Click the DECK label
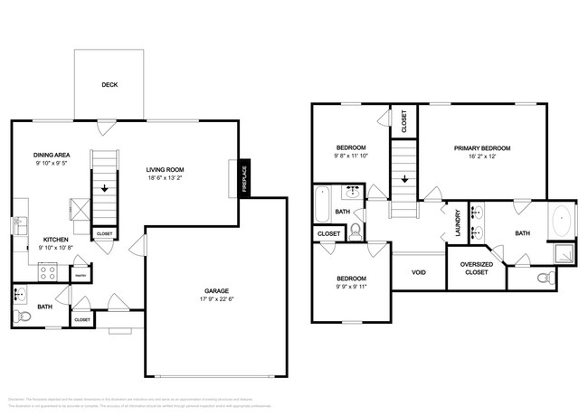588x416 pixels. (x=109, y=85)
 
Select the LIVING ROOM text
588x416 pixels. (x=166, y=168)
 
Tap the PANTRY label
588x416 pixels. (x=80, y=275)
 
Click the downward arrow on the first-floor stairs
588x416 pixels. (x=105, y=189)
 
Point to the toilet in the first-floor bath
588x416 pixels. (x=19, y=316)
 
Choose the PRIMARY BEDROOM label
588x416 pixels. (x=482, y=147)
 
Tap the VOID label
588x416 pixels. (x=419, y=271)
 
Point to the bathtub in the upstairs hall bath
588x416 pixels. (x=321, y=206)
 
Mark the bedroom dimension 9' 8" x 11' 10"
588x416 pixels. (x=351, y=156)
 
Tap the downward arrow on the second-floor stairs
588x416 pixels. (x=403, y=178)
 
